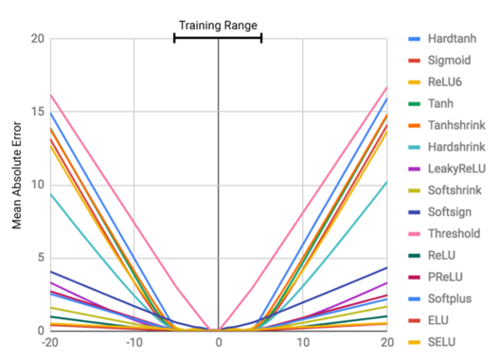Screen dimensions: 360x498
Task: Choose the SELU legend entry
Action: [x=444, y=341]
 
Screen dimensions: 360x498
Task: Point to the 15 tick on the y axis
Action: [x=36, y=112]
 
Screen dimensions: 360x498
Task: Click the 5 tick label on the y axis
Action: [x=40, y=258]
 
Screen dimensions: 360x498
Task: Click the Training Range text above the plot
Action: [x=218, y=25]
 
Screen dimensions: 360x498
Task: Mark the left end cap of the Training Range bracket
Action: [x=174, y=37]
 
